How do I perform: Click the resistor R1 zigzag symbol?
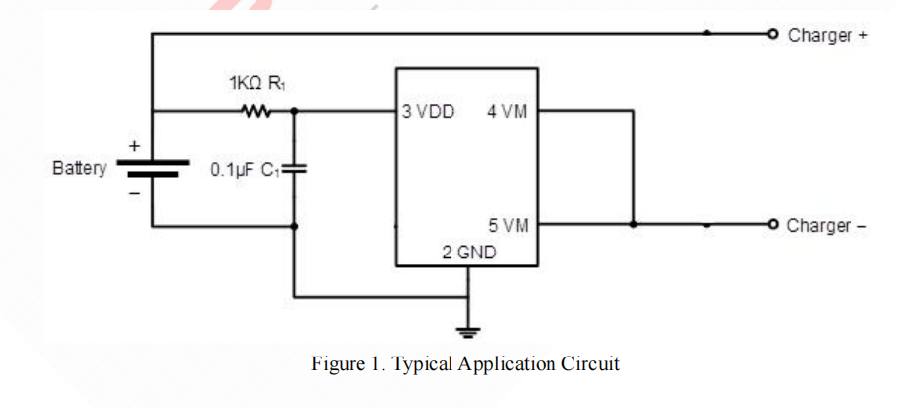(x=256, y=111)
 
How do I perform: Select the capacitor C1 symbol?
(x=294, y=169)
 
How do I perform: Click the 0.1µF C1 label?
(x=245, y=170)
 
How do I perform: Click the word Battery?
(x=79, y=168)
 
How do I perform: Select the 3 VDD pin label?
(x=429, y=112)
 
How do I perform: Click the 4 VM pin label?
(x=507, y=112)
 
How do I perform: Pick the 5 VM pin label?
(x=507, y=225)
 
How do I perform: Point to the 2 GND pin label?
(x=469, y=253)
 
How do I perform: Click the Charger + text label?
(x=828, y=35)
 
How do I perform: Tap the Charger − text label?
(x=827, y=225)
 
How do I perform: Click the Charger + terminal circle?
(x=772, y=34)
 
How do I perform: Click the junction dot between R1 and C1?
(x=294, y=111)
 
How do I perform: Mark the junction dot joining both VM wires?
(x=634, y=224)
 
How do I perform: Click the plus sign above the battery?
(x=134, y=145)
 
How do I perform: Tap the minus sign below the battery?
(x=134, y=192)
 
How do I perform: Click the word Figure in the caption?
(x=337, y=364)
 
